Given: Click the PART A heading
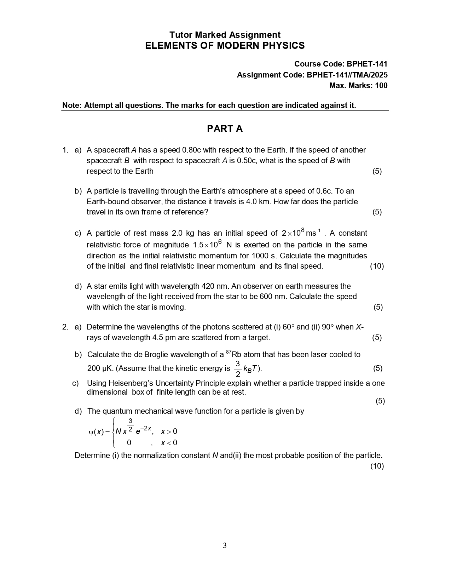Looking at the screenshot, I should pos(225,129).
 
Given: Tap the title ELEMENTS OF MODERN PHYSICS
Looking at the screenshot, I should pos(225,46).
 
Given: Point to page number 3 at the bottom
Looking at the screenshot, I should pos(225,545).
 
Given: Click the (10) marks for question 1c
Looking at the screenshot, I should pos(377,266).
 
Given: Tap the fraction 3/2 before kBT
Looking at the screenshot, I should pos(238,369).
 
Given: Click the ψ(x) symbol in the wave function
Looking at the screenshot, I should pos(96,432).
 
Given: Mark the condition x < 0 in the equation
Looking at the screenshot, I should pos(169,443).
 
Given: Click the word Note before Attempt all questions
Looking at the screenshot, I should pos(72,105).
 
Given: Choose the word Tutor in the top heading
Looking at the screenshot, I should pos(181,35).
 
